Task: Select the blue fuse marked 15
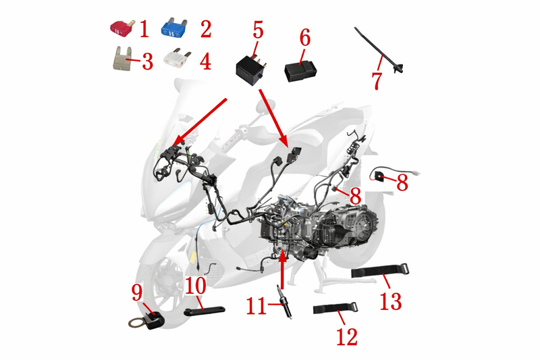coord(174,28)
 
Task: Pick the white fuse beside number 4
coord(176,58)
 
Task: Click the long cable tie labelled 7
coord(379,51)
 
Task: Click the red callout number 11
coord(256,306)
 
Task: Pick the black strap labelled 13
coord(380,270)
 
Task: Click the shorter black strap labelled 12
coord(335,307)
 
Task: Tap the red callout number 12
coord(347,336)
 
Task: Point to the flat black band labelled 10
coord(205,311)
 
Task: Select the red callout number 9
coord(137,293)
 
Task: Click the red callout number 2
coord(206,29)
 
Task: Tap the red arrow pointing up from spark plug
coord(282,269)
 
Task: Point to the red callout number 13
coord(391,301)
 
